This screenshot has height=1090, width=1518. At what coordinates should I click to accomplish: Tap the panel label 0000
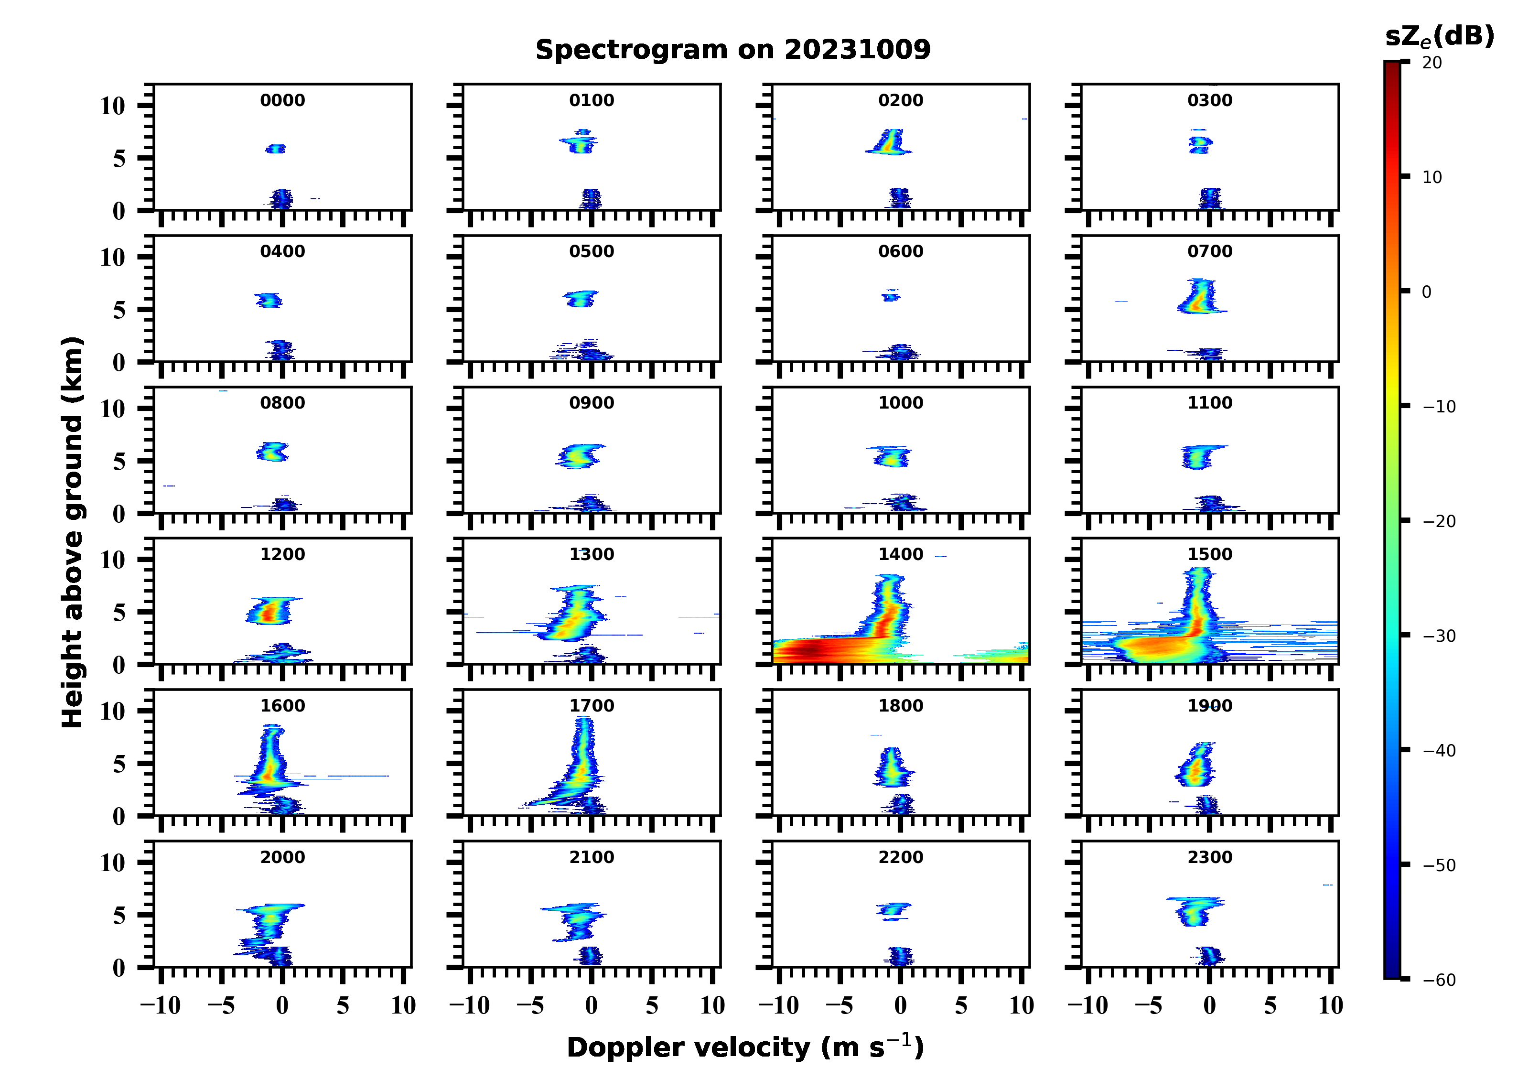coord(282,100)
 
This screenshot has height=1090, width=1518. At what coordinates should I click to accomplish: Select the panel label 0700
coord(1209,252)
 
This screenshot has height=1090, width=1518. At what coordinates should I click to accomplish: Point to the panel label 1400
coord(900,554)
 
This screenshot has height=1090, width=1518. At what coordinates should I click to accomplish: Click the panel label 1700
coord(591,706)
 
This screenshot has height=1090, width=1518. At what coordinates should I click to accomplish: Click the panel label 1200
coord(282,554)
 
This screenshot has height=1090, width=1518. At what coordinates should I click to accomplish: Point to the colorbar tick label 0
coord(1426,292)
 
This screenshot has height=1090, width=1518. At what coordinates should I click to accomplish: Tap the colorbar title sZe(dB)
coord(1439,36)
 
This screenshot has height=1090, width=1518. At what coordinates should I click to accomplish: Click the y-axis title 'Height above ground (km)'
coord(72,532)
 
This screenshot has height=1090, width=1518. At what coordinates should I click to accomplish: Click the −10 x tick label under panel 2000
coord(161,1005)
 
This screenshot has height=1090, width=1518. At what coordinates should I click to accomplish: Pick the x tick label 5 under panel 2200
coord(961,1005)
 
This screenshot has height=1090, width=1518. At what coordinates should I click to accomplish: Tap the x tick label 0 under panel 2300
coord(1209,1005)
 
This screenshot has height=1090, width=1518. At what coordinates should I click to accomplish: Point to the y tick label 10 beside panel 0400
coord(112,257)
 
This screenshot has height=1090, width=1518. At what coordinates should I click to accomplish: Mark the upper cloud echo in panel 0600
coord(891,296)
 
